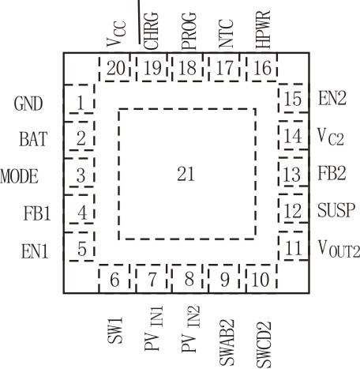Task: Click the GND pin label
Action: click(28, 104)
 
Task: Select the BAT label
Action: click(33, 139)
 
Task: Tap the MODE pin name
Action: click(19, 176)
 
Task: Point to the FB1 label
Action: click(37, 213)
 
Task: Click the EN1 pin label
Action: click(35, 250)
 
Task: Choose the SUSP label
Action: click(336, 210)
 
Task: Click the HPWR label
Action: click(263, 29)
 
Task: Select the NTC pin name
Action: click(227, 33)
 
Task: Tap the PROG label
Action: click(189, 31)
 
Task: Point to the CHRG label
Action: click(152, 31)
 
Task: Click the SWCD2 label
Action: click(264, 345)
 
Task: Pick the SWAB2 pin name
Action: click(227, 342)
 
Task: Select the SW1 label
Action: click(115, 330)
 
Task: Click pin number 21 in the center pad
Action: click(186, 174)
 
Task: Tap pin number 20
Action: click(116, 68)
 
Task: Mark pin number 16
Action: click(262, 68)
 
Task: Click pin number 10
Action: click(261, 280)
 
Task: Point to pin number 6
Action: click(114, 280)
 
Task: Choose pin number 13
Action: click(292, 175)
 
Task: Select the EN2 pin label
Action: click(332, 99)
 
